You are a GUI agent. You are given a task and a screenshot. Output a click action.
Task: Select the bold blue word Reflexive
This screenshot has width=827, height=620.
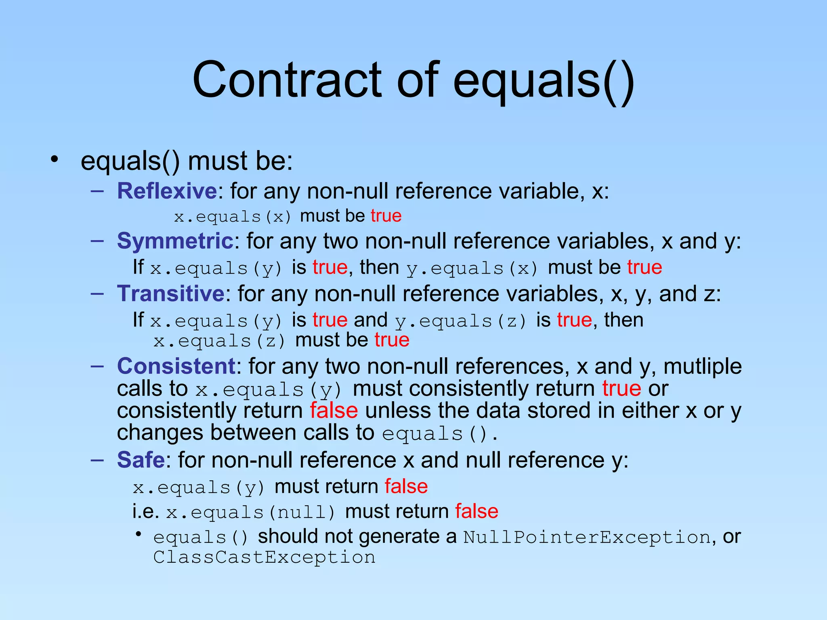167,191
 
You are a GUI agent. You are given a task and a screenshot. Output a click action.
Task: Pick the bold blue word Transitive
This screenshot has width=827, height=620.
170,293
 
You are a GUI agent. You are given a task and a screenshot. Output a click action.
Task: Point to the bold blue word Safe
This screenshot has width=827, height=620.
141,460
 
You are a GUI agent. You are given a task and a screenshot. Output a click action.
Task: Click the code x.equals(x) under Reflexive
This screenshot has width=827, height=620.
233,217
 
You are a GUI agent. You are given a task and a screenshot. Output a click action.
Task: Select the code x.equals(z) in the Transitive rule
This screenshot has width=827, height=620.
220,341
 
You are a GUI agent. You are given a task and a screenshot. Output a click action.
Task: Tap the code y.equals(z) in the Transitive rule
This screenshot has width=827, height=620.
461,321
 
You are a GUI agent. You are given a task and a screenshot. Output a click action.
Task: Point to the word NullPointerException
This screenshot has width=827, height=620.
587,537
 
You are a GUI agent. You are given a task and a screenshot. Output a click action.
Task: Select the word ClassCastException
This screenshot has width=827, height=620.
264,557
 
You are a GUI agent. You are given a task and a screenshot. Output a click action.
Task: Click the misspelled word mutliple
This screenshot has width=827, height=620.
703,367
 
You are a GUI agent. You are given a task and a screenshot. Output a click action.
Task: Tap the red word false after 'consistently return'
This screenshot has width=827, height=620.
334,411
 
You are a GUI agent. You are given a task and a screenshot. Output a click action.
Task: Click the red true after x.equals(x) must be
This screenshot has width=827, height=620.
386,216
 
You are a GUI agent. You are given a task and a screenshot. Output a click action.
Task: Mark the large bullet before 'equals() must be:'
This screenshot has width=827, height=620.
55,160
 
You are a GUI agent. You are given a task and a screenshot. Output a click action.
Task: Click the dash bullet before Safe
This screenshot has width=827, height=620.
97,460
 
